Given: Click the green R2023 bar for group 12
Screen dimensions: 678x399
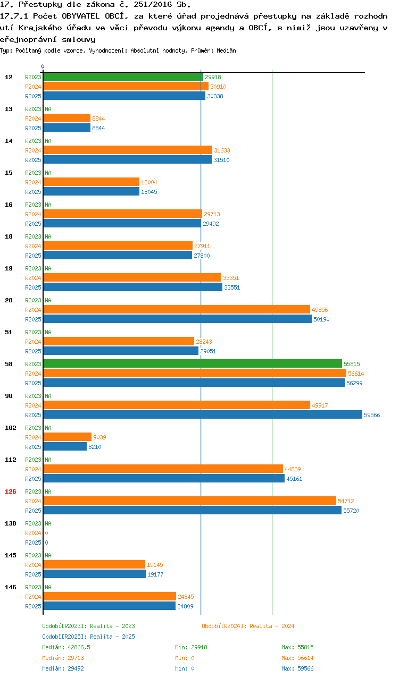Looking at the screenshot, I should coord(123,77).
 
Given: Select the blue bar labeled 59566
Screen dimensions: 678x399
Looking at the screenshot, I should coord(203,414).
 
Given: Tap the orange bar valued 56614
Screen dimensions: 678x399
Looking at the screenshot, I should coord(195,374).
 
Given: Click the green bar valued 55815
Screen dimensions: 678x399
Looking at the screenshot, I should coord(193,364).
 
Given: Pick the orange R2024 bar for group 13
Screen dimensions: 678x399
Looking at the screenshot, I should coord(67,118).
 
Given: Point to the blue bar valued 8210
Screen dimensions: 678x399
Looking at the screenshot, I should coord(65,447).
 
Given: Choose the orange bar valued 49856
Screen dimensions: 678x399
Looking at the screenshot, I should coord(177,310).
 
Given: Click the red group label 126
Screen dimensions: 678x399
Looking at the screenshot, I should coord(11,491).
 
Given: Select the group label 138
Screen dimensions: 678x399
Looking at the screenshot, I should coord(11,523).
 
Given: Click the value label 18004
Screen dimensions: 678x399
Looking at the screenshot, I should coord(149,182).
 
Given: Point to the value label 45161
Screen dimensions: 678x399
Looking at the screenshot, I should coord(294,479).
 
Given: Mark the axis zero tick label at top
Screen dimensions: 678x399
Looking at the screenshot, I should coord(43,67).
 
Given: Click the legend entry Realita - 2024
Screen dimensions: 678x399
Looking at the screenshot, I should coord(248,626).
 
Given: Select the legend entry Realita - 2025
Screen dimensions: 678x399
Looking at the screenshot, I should coord(88,637).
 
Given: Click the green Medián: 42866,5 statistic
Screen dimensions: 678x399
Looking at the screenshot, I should coord(66,647).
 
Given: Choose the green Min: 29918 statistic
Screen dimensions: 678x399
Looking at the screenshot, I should coord(191,647).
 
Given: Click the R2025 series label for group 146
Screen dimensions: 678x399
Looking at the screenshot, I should coord(33,606).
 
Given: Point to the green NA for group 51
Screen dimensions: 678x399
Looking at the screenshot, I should coord(48,332).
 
